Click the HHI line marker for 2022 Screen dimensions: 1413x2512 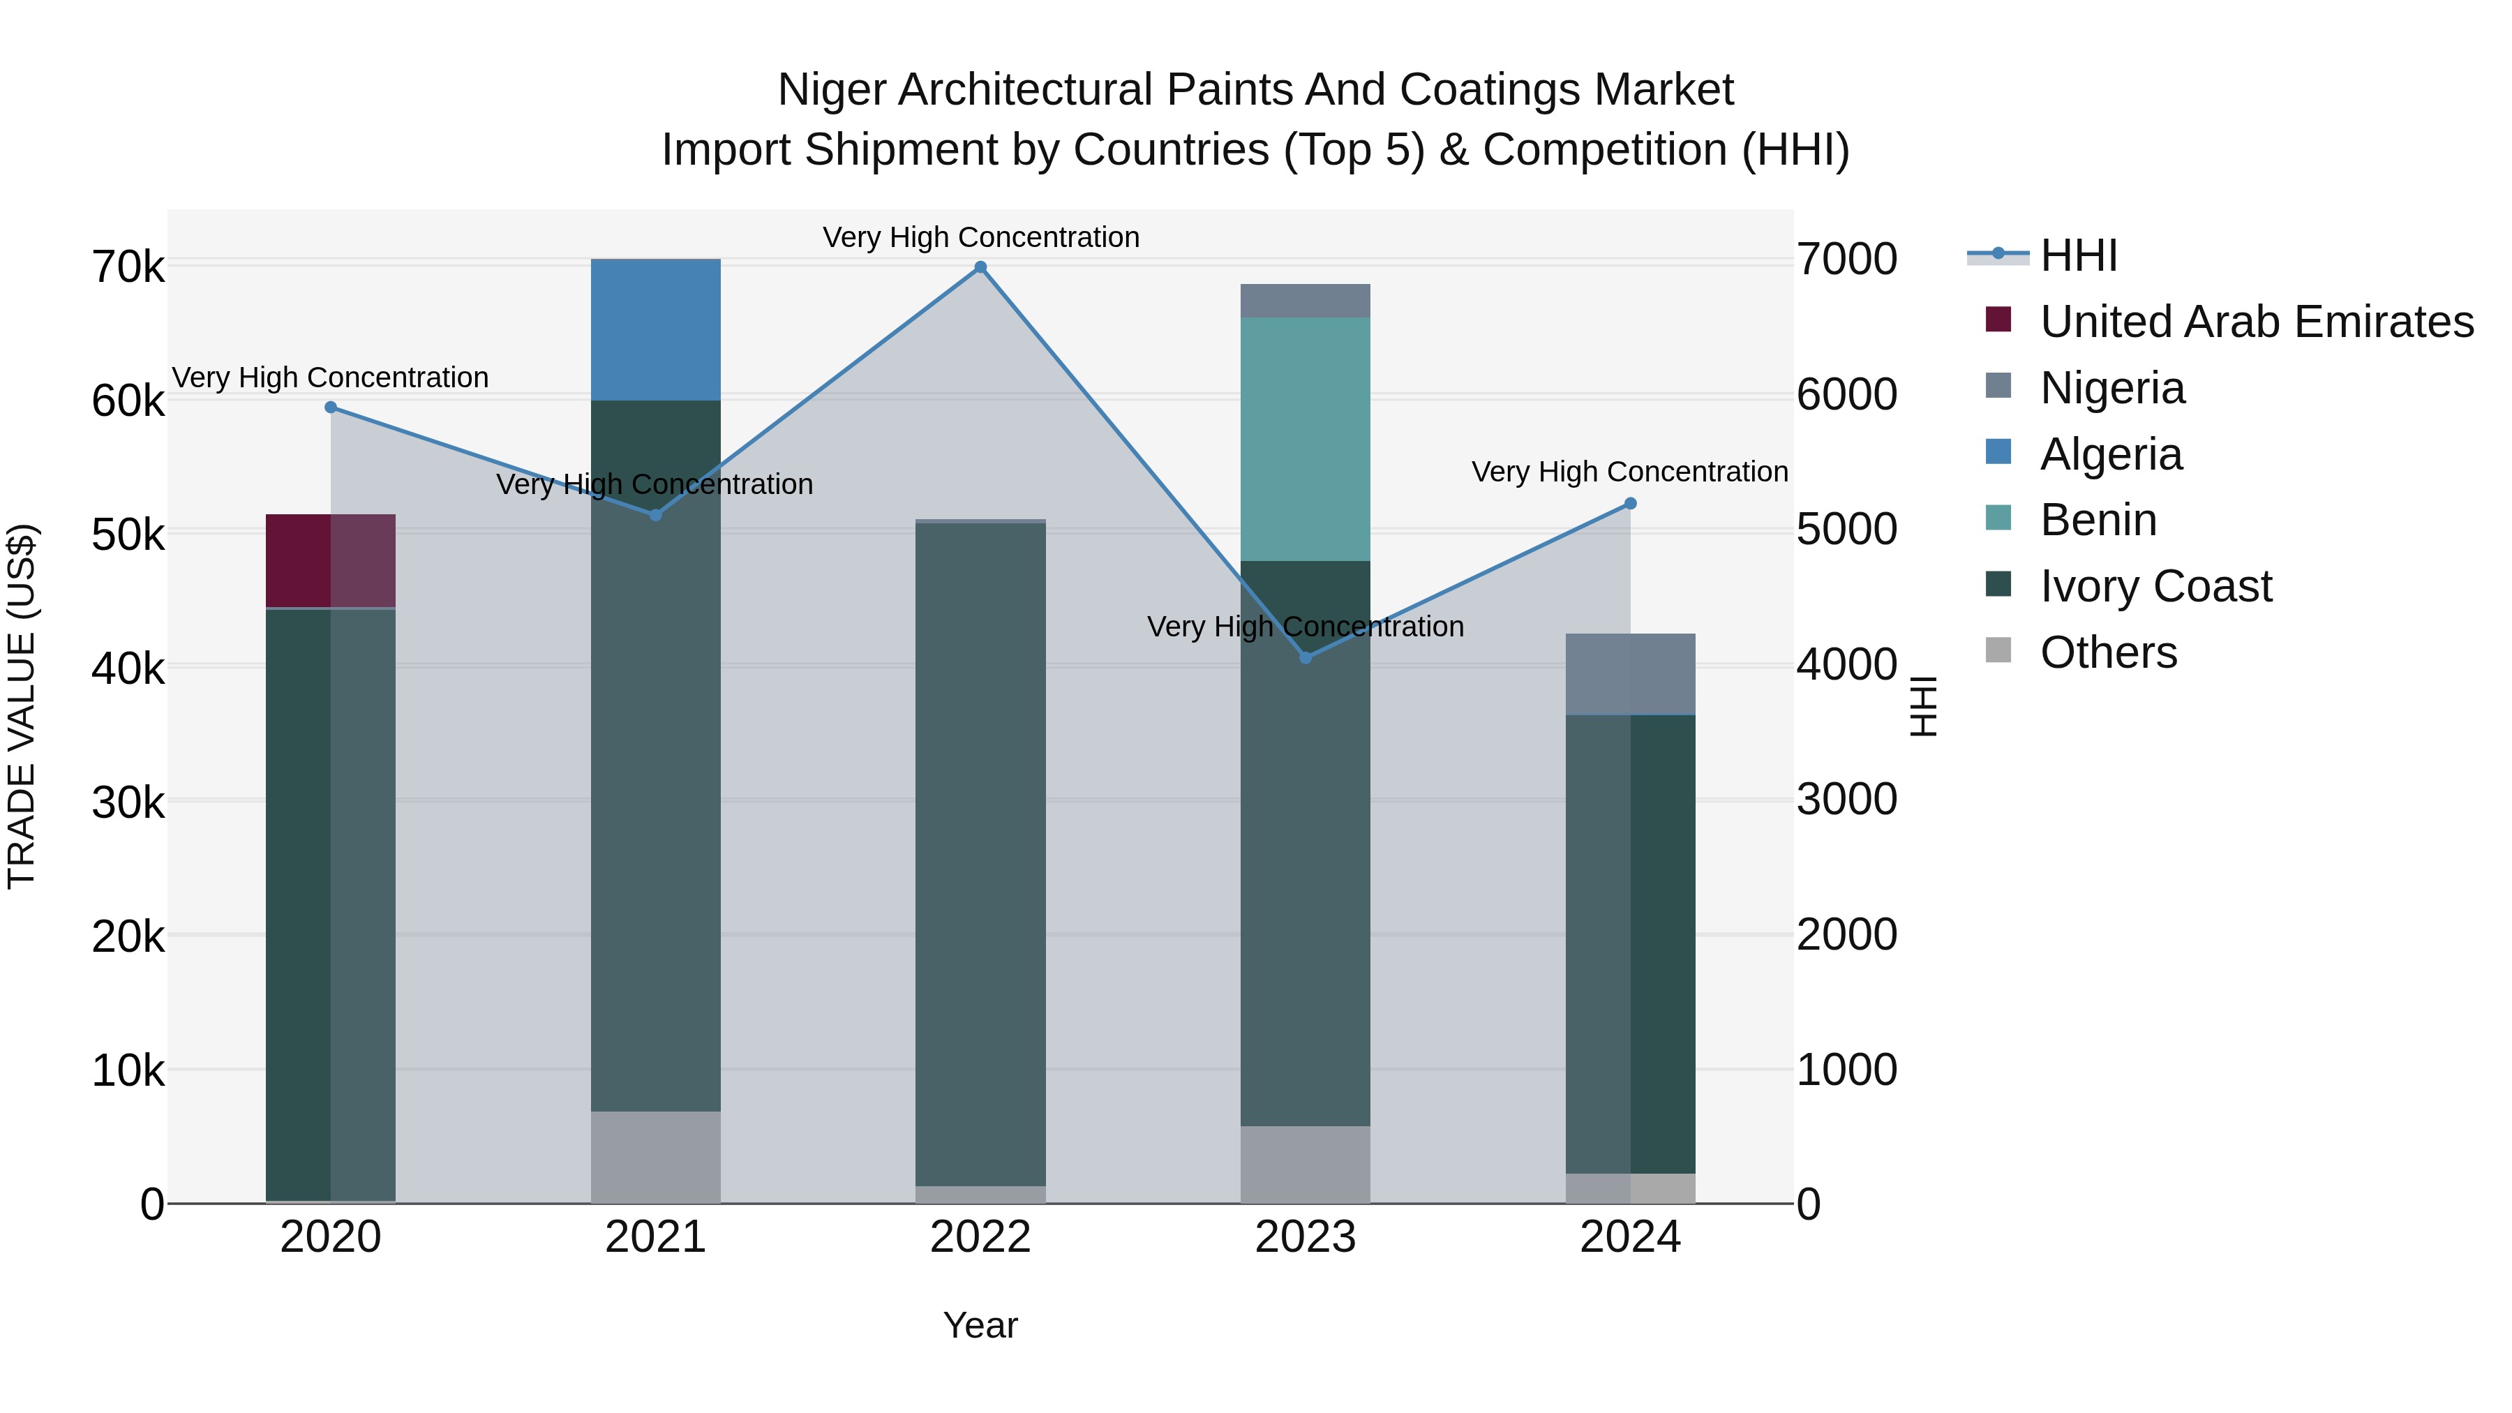tap(980, 267)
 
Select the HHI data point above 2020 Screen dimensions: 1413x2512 tap(331, 407)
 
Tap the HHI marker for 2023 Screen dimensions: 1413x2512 tap(1306, 657)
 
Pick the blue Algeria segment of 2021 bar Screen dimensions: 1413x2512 tap(655, 329)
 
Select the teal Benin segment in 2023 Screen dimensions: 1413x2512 tap(1305, 439)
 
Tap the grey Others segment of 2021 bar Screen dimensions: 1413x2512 tap(655, 1156)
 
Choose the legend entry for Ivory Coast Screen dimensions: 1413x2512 tap(2155, 586)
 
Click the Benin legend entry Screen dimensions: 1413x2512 tap(2098, 520)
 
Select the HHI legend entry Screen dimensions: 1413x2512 tap(2078, 255)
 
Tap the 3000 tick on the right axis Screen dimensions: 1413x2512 tap(1846, 800)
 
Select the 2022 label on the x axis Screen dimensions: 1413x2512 tap(980, 1237)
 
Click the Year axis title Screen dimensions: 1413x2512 tap(980, 1325)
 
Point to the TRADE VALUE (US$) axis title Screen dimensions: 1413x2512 tap(22, 706)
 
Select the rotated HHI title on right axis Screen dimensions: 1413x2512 tap(1923, 706)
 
